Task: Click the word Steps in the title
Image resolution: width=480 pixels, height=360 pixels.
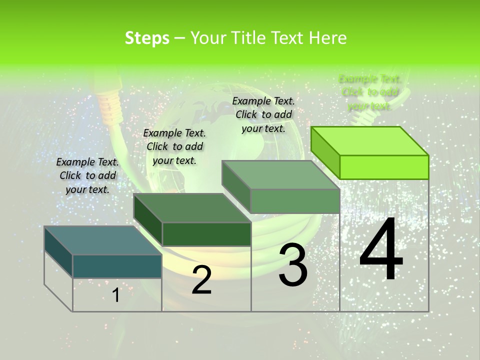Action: tap(147, 38)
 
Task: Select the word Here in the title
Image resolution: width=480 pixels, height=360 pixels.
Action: tap(327, 38)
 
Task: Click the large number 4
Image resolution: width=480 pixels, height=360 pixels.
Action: tap(381, 250)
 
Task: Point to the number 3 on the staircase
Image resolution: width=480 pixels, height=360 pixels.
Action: tap(293, 265)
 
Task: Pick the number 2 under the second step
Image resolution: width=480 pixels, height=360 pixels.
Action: tap(201, 279)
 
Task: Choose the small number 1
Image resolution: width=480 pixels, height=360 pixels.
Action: tap(116, 295)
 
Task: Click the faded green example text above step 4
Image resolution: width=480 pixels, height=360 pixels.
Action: tap(369, 92)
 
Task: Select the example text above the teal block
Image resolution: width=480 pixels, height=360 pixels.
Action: tap(87, 175)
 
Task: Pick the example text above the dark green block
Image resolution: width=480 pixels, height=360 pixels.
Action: tap(174, 146)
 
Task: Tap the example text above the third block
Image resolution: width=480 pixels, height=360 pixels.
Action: tap(263, 114)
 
